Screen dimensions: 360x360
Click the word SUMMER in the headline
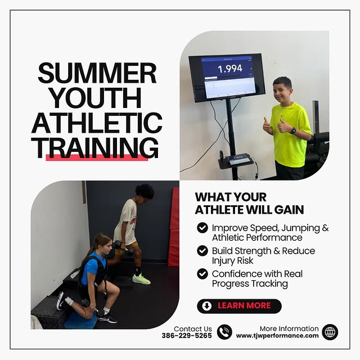pyautogui.click(x=97, y=74)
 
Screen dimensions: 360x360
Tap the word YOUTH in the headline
pyautogui.click(x=97, y=98)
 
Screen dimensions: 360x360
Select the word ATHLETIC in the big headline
pyautogui.click(x=97, y=123)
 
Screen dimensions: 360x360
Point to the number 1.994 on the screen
pyautogui.click(x=229, y=68)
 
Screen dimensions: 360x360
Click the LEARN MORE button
pyautogui.click(x=239, y=306)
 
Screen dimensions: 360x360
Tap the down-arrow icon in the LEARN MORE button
pyautogui.click(x=208, y=306)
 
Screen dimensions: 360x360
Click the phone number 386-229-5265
pyautogui.click(x=186, y=336)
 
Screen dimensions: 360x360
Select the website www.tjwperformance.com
pyautogui.click(x=277, y=336)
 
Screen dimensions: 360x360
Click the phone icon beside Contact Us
pyautogui.click(x=224, y=332)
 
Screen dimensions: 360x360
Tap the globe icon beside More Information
pyautogui.click(x=330, y=332)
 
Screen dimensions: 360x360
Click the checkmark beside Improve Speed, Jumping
pyautogui.click(x=202, y=228)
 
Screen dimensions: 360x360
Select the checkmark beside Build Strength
pyautogui.click(x=202, y=251)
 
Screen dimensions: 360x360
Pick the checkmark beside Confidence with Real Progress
pyautogui.click(x=202, y=274)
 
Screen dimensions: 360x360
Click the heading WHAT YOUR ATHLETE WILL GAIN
pyautogui.click(x=249, y=204)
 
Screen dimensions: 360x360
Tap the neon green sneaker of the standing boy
pyautogui.click(x=141, y=279)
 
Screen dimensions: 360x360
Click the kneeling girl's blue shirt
pyautogui.click(x=93, y=269)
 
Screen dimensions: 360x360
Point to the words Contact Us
pyautogui.click(x=193, y=328)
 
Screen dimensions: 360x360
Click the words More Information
pyautogui.click(x=289, y=328)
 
